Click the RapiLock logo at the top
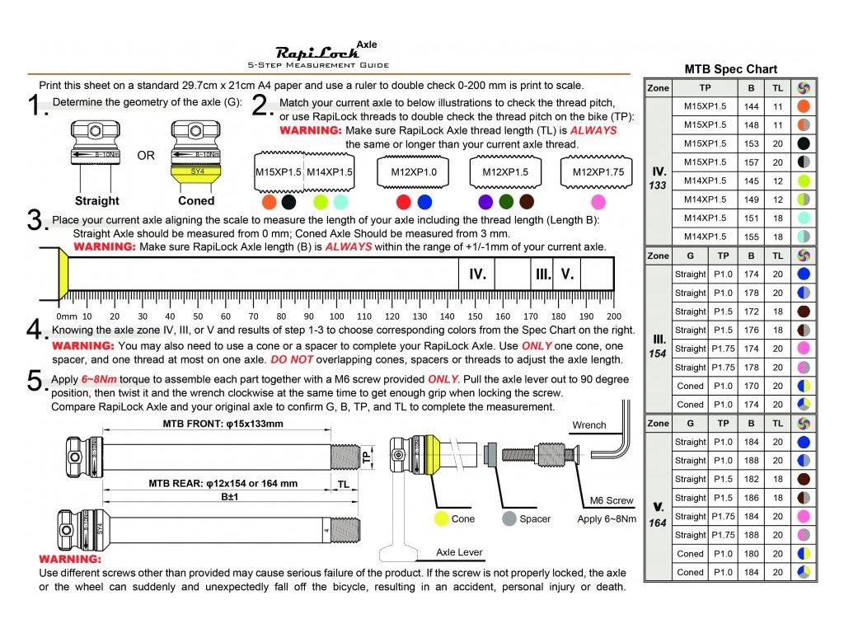[x=317, y=51]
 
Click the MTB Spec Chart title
[x=730, y=69]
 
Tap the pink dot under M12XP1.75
[x=598, y=201]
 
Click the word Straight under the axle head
[x=96, y=200]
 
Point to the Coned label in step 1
[x=196, y=200]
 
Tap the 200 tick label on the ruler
[x=613, y=316]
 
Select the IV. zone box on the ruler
[x=477, y=274]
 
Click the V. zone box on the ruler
[x=567, y=274]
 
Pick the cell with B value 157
[x=751, y=162]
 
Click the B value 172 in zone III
[x=751, y=312]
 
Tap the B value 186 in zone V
[x=751, y=498]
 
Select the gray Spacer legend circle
[x=509, y=519]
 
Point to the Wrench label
[x=589, y=425]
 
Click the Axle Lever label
[x=460, y=552]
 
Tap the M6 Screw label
[x=612, y=500]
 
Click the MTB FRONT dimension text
[x=217, y=424]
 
